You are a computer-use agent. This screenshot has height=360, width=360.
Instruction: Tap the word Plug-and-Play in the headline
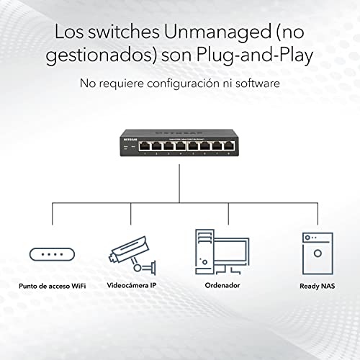coord(255,55)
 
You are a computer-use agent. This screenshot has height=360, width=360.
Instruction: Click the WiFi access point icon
coord(52,254)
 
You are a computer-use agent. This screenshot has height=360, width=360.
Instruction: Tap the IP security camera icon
coord(132,256)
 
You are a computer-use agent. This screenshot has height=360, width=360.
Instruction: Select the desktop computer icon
coord(222,252)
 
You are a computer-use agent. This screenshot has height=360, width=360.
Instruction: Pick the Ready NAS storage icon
coord(318,253)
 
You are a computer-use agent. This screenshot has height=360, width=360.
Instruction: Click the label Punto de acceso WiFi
coord(53,286)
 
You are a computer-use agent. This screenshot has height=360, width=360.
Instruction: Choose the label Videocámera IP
coord(132,285)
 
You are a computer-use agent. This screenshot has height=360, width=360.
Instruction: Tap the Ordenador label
coord(222,285)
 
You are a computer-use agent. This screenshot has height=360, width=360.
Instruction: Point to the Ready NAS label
coord(318,286)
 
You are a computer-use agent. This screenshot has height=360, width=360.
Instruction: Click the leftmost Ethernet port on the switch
coord(145,146)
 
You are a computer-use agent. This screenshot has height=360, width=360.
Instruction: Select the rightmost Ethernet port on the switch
coord(229,146)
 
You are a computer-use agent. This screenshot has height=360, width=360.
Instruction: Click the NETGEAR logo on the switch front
coord(130,140)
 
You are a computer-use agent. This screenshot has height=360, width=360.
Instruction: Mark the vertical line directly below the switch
coord(179,184)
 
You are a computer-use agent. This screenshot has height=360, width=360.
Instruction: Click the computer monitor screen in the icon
coord(230,251)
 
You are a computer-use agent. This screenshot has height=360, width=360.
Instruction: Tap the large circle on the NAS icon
coord(318,253)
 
